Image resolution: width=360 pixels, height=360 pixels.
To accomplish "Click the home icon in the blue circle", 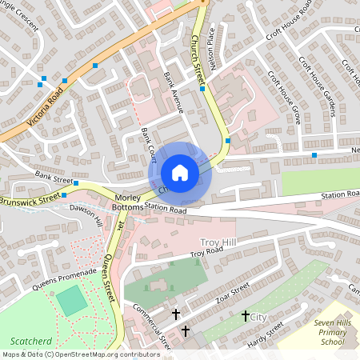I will coord(180,173).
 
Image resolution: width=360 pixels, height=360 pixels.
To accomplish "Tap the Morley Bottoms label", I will coord(117,203).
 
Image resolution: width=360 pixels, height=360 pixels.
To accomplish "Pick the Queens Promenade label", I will coord(65,278).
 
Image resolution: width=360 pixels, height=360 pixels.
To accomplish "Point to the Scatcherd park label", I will coord(26,340).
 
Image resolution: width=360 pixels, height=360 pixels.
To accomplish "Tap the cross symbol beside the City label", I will coord(245,317).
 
